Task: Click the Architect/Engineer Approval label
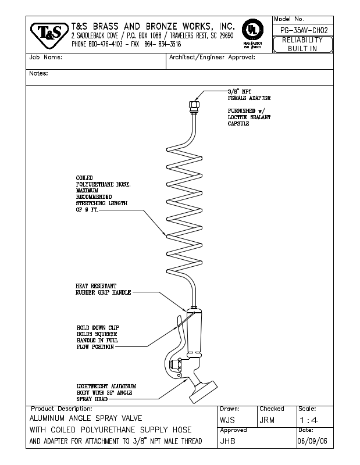coord(212,58)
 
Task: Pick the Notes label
coord(38,74)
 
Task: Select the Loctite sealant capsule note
coord(248,117)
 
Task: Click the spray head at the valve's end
coord(207,390)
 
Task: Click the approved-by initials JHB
coord(228,441)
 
